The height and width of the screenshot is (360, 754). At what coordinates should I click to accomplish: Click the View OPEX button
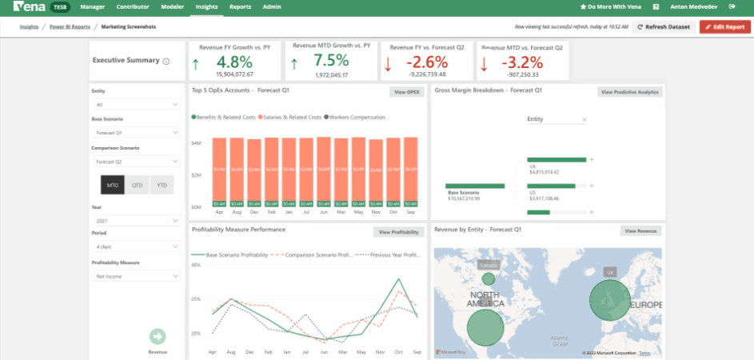(407, 92)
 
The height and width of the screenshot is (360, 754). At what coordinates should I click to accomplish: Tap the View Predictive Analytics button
(630, 92)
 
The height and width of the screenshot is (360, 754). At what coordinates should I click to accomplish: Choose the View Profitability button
(398, 232)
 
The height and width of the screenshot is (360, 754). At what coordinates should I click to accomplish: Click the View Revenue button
(641, 230)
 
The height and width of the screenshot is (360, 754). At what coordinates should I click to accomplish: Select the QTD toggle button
(137, 185)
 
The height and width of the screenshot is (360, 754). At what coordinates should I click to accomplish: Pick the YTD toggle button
(162, 185)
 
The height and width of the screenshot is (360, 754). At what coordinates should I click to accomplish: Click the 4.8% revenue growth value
(234, 62)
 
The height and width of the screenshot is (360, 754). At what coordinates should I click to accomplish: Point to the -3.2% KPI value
(522, 62)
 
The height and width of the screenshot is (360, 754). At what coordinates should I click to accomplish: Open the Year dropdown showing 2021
(136, 220)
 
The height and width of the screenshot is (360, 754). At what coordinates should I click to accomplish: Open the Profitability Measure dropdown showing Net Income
(136, 276)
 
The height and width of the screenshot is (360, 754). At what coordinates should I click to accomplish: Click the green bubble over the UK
(609, 301)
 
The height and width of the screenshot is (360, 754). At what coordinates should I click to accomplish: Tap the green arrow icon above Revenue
(158, 337)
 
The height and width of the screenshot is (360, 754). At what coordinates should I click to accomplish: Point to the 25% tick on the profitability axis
(196, 299)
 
